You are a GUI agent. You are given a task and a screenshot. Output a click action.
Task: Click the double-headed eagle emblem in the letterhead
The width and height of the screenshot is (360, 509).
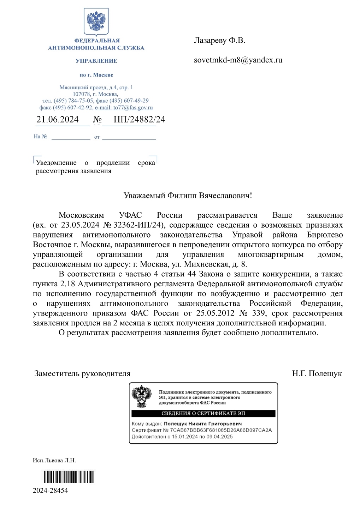[96, 21]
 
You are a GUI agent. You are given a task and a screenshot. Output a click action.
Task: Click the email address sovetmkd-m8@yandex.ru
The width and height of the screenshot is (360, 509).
[238, 60]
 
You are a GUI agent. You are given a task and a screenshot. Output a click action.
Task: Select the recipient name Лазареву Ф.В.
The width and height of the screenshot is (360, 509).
[219, 41]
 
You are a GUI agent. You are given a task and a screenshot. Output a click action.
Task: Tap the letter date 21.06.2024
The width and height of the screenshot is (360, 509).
[58, 120]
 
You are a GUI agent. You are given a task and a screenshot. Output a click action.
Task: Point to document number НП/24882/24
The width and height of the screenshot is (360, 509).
[139, 120]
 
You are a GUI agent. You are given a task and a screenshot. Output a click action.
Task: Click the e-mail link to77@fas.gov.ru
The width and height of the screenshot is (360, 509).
[124, 108]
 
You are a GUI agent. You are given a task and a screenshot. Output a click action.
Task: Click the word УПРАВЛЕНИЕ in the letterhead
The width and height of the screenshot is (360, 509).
[96, 61]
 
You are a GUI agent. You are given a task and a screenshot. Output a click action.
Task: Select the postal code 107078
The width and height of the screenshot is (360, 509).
[81, 94]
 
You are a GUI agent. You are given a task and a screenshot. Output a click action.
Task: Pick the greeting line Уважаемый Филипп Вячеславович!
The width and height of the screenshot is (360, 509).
[188, 196]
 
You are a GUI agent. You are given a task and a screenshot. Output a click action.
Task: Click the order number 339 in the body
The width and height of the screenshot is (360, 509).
[259, 313]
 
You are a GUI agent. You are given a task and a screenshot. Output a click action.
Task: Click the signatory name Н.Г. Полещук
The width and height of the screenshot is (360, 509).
[317, 373]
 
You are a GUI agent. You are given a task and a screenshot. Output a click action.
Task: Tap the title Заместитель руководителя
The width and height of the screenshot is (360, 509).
[82, 373]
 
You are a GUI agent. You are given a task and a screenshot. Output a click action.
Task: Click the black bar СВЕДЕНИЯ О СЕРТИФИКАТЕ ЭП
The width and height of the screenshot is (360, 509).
[203, 413]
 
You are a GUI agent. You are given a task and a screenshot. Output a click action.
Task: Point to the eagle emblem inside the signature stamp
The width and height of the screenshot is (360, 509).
[141, 396]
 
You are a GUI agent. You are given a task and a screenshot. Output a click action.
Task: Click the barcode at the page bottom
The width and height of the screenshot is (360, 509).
[69, 477]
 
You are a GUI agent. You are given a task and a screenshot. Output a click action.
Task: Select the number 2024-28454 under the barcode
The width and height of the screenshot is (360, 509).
[50, 490]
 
